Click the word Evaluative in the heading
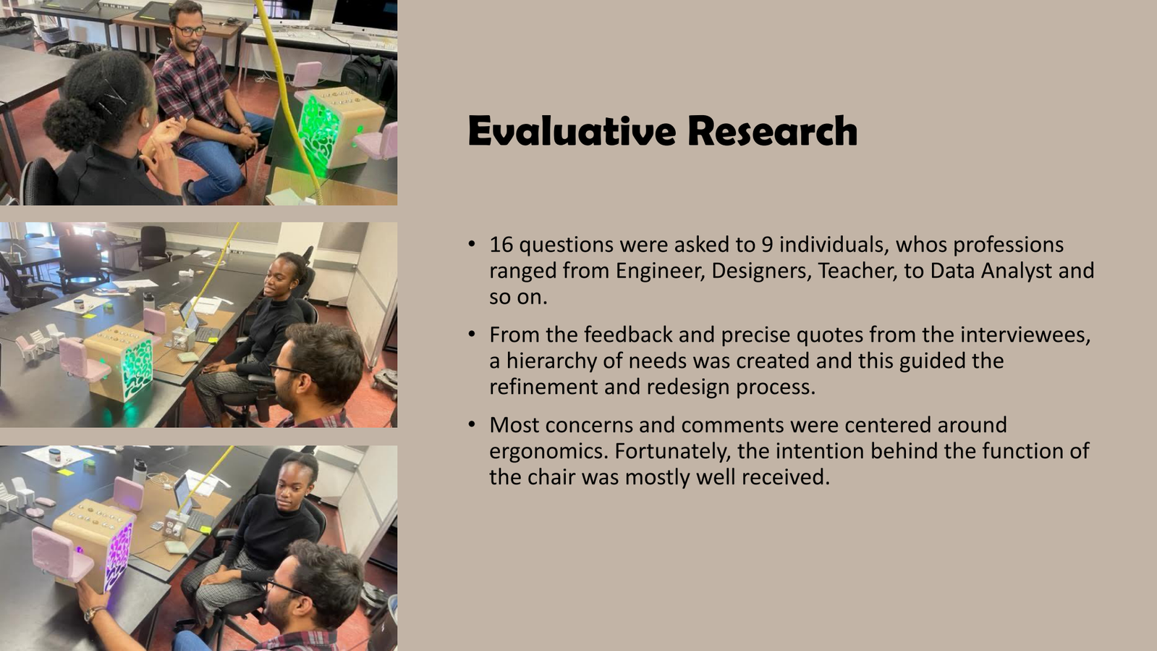point(572,131)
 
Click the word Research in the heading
point(773,131)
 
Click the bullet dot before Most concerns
point(471,425)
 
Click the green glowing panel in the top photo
point(318,134)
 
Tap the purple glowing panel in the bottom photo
point(118,557)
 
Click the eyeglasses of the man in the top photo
point(190,30)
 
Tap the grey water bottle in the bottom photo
point(140,471)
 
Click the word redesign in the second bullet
point(688,387)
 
